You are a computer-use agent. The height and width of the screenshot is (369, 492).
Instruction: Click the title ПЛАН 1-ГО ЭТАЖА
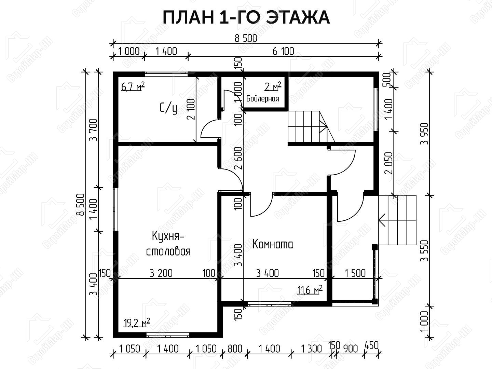(x=246, y=17)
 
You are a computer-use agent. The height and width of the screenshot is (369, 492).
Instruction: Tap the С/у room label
(x=168, y=109)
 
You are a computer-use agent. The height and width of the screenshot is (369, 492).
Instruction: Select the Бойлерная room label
(x=262, y=99)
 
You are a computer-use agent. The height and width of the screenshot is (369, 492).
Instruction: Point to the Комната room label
(x=273, y=244)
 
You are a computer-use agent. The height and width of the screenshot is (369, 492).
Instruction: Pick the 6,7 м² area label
(x=133, y=86)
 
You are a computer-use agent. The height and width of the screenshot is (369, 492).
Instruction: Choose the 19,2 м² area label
(x=137, y=323)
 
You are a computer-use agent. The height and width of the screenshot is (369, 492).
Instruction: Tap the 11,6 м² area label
(x=310, y=290)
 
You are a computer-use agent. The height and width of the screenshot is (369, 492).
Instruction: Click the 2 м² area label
(x=273, y=86)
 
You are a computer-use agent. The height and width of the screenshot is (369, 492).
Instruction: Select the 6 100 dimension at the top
(x=283, y=52)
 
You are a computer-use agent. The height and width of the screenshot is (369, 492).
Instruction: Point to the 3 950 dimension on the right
(x=424, y=134)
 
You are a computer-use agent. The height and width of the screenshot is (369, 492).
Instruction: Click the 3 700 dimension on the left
(x=94, y=129)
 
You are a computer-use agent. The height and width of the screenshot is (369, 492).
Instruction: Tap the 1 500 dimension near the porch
(x=355, y=273)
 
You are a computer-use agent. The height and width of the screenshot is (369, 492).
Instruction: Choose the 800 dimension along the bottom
(x=235, y=349)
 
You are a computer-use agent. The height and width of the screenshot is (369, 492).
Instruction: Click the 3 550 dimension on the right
(x=424, y=251)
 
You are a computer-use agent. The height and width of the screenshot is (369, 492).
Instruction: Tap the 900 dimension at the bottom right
(x=350, y=349)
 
